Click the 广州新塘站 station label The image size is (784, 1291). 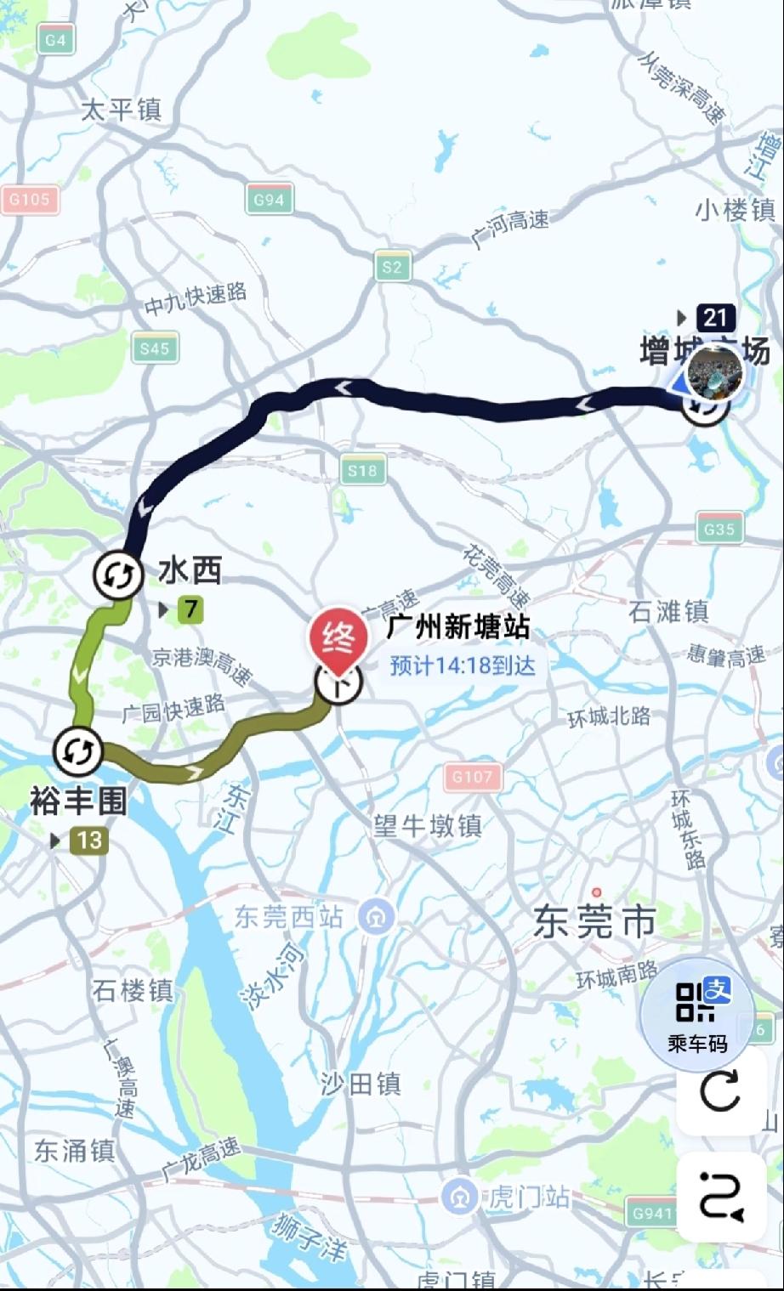pos(458,628)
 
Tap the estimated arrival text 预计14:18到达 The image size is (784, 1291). pos(463,665)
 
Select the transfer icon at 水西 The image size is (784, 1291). pos(117,576)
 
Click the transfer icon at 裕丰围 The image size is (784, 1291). pos(78,750)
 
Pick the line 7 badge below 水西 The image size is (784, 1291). pos(190,609)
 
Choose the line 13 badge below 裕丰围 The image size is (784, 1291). pos(88,841)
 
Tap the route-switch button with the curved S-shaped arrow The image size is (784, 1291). pos(720,1196)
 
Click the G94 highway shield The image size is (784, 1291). pos(269,200)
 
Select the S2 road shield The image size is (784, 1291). pos(392,267)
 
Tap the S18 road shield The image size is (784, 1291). pos(362,471)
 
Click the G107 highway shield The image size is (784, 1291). pos(472,776)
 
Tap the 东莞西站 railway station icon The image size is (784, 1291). pos(376,917)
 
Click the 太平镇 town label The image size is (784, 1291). pos(121,110)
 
